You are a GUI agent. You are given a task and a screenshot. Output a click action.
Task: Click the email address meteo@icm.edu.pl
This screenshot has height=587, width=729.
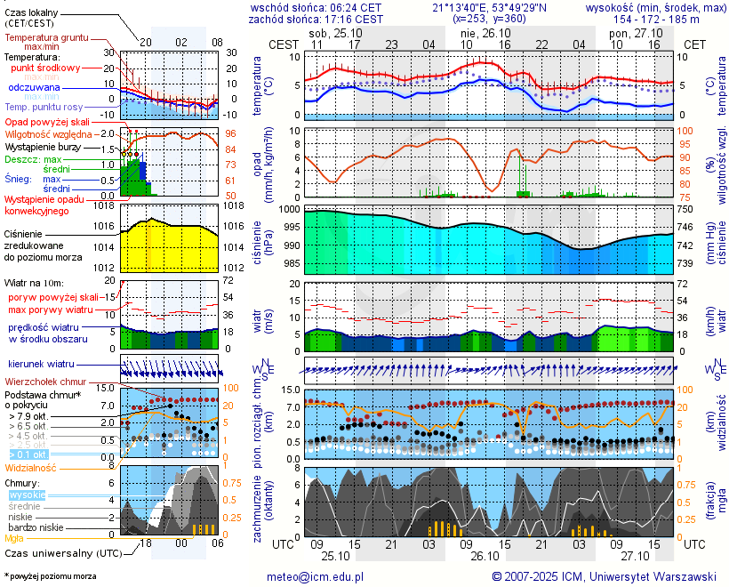316,576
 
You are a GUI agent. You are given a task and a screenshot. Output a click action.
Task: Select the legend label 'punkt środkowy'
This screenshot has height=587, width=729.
46,68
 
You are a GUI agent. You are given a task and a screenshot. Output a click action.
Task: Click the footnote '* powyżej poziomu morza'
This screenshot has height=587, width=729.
49,576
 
